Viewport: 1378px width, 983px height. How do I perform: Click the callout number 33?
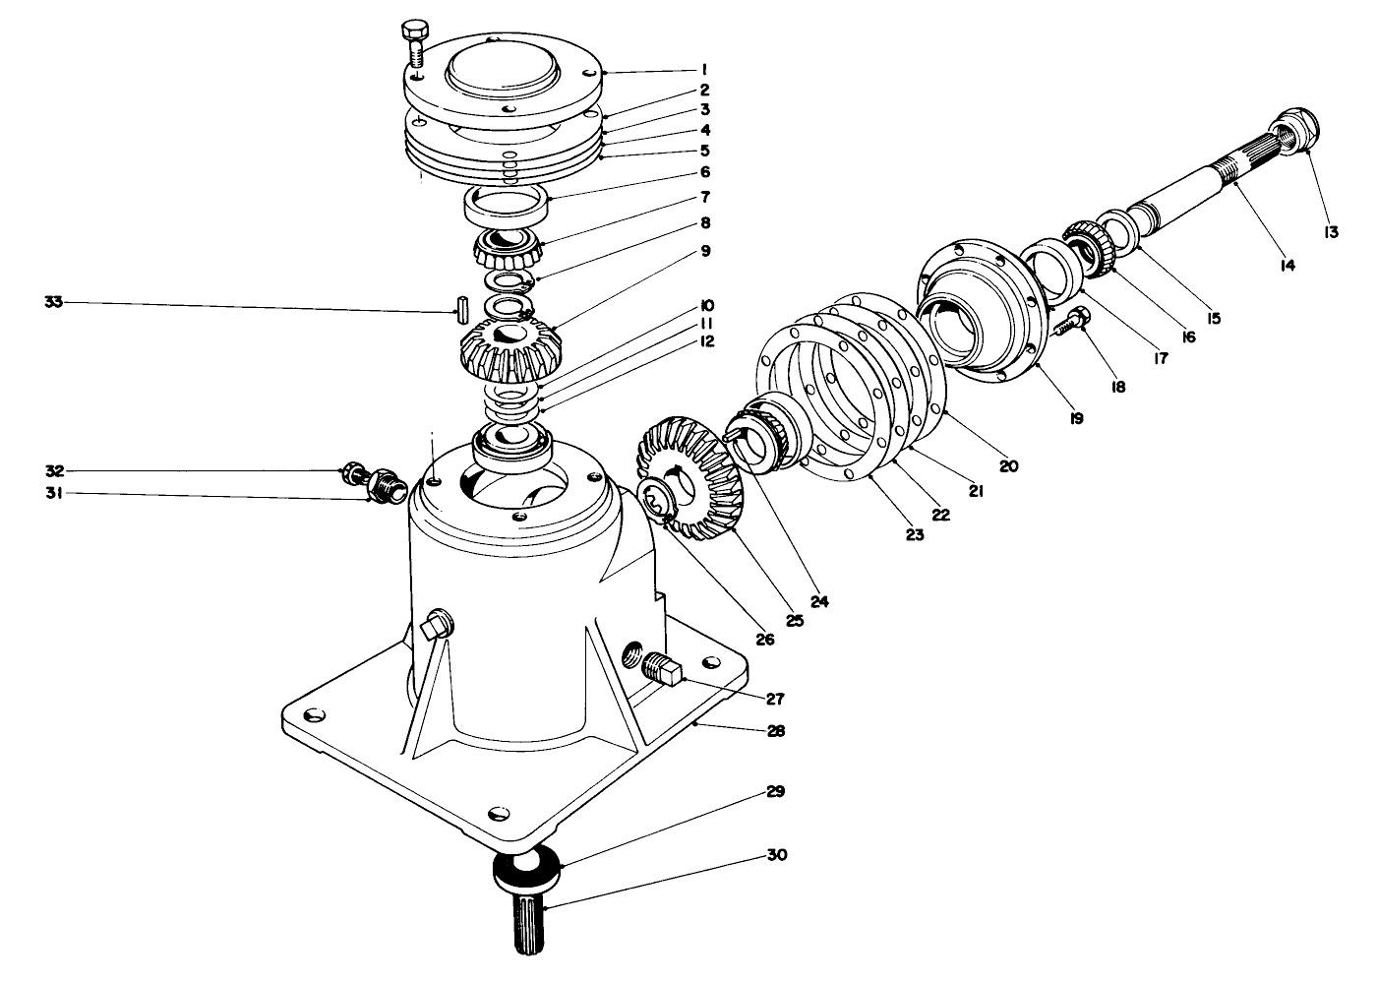pos(55,302)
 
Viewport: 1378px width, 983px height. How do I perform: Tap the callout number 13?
pos(1331,232)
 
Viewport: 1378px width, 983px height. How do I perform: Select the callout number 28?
pos(776,731)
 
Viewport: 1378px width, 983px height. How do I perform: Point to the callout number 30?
pos(776,855)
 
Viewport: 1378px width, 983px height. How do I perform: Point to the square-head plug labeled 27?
pos(660,672)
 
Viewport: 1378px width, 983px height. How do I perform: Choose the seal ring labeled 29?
pos(526,866)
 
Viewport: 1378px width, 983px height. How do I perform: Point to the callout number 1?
pos(705,70)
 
